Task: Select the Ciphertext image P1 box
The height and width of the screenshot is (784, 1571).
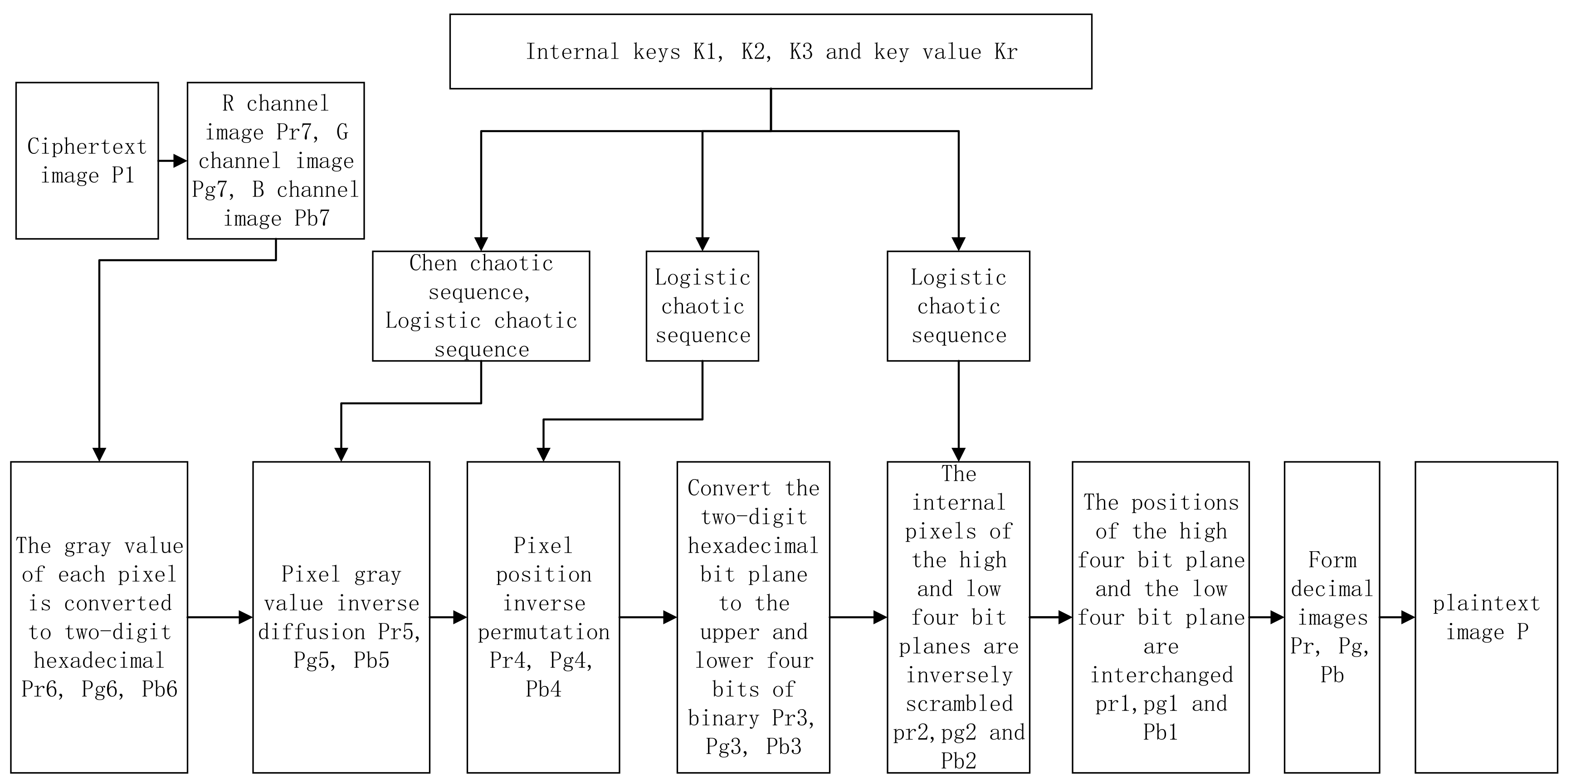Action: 87,161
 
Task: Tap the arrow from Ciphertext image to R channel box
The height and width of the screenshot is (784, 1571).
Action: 173,161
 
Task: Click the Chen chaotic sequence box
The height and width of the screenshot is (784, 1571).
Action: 481,306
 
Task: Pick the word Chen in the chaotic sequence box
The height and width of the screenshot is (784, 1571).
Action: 433,263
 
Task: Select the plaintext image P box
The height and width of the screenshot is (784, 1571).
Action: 1486,617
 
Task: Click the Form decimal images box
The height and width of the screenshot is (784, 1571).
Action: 1332,617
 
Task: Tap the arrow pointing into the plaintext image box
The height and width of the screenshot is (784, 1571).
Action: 1397,617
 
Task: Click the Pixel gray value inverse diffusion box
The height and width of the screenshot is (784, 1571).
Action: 341,617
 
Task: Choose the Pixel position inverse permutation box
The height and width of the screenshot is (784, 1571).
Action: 543,617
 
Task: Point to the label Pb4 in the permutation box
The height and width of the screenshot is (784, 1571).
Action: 543,689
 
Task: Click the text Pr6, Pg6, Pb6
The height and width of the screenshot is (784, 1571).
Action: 99,689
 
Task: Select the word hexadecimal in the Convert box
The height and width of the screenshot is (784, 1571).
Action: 753,545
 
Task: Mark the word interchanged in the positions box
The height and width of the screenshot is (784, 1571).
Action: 1161,675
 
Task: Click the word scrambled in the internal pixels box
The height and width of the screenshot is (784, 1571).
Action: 959,703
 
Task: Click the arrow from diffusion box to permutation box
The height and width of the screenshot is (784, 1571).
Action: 448,617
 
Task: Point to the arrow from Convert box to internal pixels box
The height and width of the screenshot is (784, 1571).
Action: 858,617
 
